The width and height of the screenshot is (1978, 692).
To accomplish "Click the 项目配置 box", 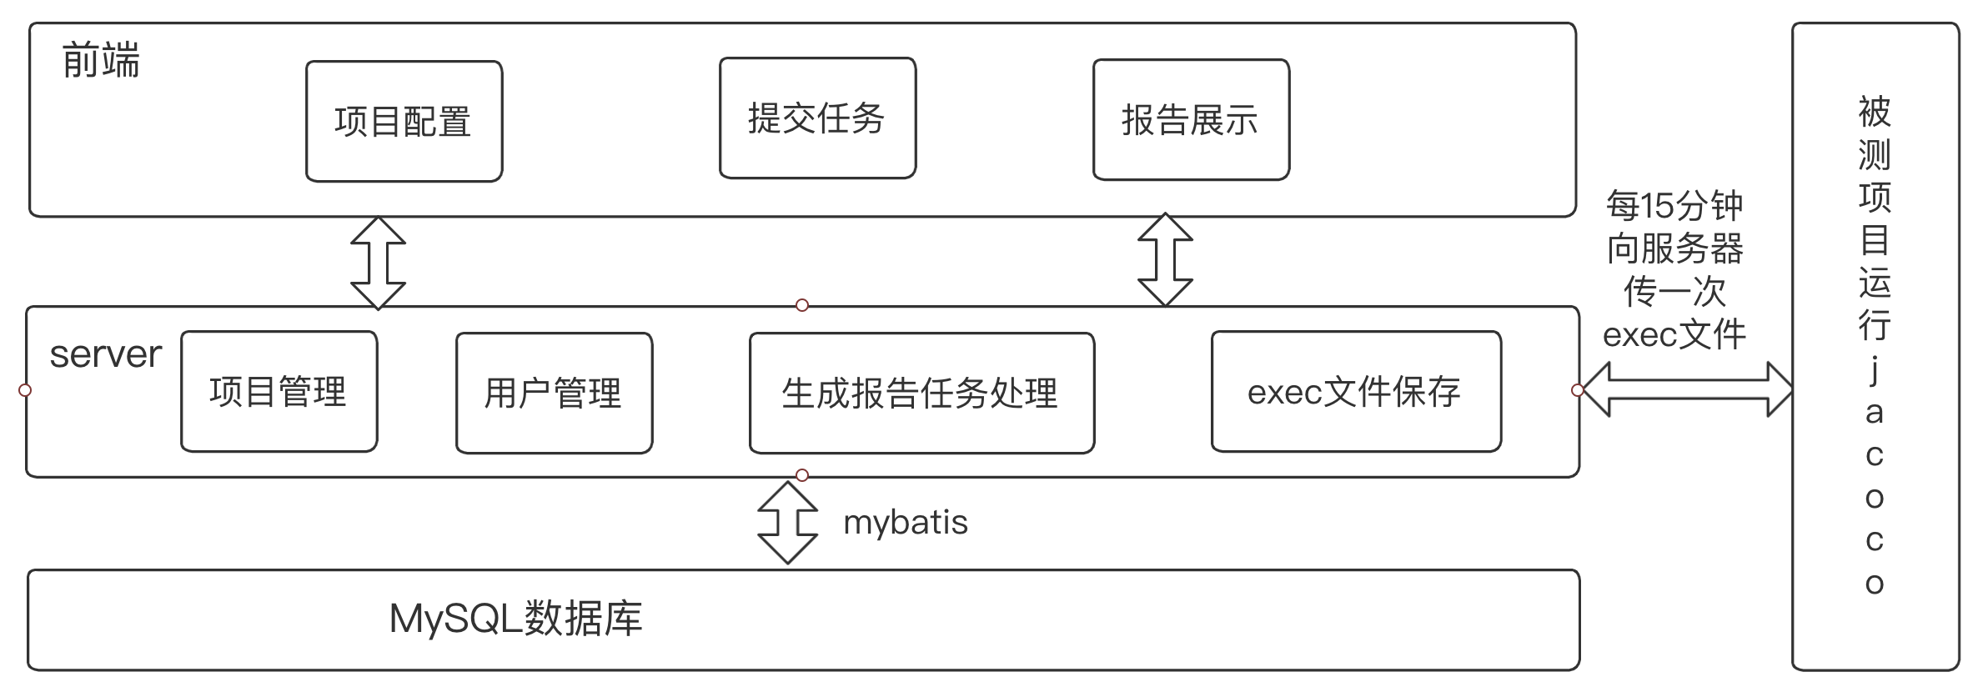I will tap(404, 122).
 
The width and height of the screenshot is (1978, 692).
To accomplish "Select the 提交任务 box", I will tap(817, 118).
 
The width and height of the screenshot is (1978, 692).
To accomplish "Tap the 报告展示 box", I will tap(1191, 120).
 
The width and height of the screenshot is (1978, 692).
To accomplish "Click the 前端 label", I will tap(101, 62).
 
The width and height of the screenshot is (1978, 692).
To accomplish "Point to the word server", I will tap(105, 355).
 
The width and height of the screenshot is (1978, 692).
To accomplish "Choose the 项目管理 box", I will tap(279, 392).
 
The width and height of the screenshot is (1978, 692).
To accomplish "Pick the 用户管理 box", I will tap(554, 394).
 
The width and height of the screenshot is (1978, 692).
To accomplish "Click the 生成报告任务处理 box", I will tap(921, 394).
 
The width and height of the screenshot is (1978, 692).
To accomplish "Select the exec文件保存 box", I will tap(1355, 392).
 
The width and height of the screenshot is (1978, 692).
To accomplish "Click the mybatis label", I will tap(905, 523).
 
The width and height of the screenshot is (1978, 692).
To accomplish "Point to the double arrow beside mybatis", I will tap(787, 523).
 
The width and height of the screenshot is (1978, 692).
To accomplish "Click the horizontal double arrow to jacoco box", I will tap(1686, 389).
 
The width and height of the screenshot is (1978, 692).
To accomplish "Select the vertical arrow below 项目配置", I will tap(378, 263).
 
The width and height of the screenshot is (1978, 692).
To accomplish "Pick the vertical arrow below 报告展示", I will tap(1165, 259).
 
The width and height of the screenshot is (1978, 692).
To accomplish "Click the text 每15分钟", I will tap(1674, 206).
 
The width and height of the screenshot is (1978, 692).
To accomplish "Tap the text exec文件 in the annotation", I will tap(1674, 335).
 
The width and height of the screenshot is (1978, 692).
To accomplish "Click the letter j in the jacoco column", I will tap(1874, 369).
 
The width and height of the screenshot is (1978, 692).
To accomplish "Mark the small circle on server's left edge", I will tap(25, 390).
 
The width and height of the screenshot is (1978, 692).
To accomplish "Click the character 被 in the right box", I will tap(1874, 112).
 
